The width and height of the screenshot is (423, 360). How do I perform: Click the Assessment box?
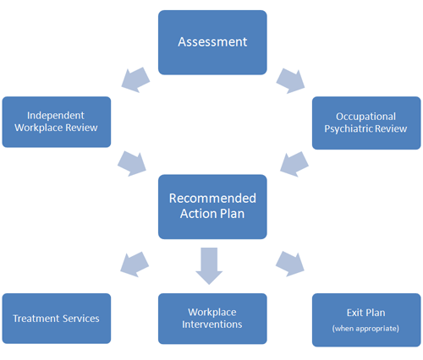click(212, 42)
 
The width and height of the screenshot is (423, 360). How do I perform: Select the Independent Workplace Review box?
click(57, 122)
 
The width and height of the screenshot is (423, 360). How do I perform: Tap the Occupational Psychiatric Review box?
click(366, 123)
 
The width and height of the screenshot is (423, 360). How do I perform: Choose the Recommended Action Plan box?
click(212, 207)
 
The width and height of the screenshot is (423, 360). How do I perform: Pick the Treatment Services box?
click(57, 319)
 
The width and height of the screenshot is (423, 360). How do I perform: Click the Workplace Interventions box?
click(212, 319)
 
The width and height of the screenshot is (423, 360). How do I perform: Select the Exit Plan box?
click(366, 320)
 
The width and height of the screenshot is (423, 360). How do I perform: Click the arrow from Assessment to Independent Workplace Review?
click(135, 79)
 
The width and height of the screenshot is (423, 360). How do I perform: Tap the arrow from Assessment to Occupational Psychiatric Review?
click(290, 80)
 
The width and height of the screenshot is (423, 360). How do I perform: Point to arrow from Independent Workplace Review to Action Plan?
click(132, 164)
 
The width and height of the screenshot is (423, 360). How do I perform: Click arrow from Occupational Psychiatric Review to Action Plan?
click(294, 164)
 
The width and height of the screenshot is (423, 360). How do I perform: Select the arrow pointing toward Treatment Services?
click(135, 265)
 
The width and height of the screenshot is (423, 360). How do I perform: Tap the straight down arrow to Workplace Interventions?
click(209, 266)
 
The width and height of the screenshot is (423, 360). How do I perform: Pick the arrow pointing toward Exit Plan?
click(290, 264)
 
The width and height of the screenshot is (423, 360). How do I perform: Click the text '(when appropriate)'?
click(365, 329)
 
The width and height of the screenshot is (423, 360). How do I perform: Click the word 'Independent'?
click(56, 116)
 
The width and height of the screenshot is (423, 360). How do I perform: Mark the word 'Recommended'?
click(212, 199)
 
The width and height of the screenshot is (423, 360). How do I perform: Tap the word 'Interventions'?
click(212, 325)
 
